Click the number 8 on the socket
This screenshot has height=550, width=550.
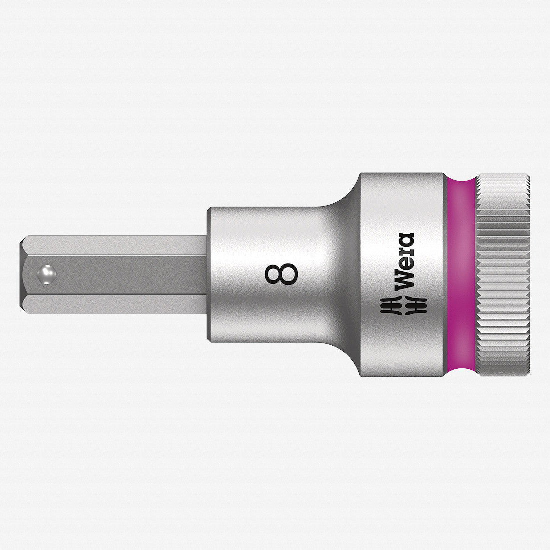[x=282, y=274]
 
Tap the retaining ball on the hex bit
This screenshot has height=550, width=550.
[x=46, y=273]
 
